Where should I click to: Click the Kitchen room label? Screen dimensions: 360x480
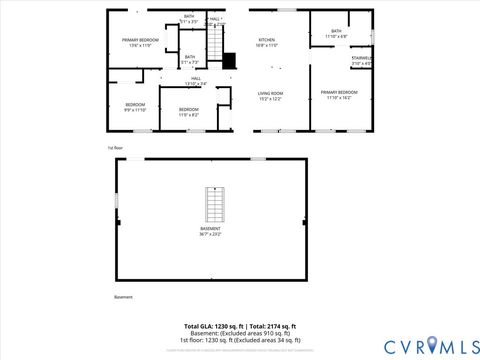point(267,42)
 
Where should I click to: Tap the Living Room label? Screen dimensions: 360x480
point(270,95)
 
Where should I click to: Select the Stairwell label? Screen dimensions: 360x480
point(361,61)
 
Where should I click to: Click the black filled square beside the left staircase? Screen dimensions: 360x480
point(229,60)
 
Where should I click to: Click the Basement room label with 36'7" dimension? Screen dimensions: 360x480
point(210,231)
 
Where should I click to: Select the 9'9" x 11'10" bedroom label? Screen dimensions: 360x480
point(135,107)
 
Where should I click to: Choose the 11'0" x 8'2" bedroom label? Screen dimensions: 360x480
point(188,112)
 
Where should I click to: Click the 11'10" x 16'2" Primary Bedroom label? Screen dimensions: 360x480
point(338,95)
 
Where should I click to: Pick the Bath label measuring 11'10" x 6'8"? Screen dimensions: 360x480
point(336,34)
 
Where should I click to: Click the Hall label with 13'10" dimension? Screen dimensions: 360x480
point(197,81)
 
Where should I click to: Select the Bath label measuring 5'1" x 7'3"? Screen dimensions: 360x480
point(190,59)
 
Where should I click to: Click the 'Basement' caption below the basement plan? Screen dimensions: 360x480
point(123,297)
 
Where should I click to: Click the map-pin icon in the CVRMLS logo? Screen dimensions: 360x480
point(432,344)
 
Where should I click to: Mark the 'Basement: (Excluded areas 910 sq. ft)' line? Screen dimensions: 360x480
point(239,333)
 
